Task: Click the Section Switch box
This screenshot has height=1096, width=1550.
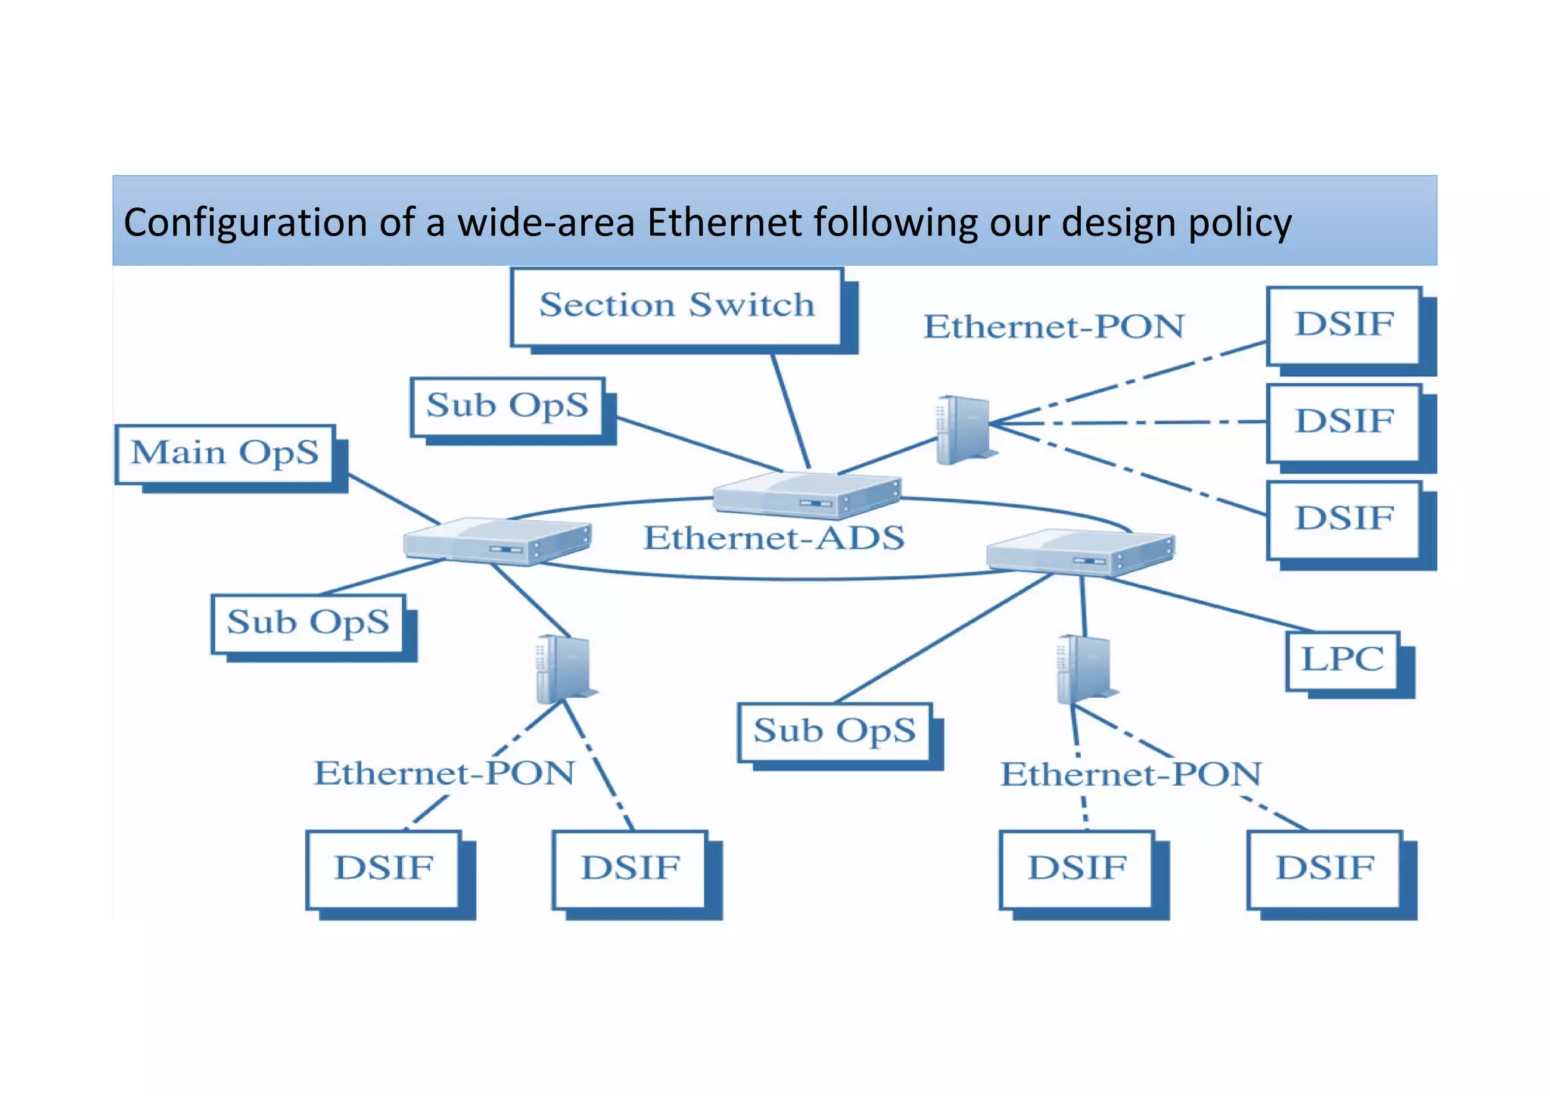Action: pyautogui.click(x=676, y=307)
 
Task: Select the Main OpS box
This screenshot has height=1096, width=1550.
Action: pyautogui.click(x=225, y=453)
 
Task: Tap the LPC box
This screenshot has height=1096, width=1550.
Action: pyautogui.click(x=1343, y=660)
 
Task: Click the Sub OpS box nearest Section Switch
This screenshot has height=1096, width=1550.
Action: pyautogui.click(x=507, y=406)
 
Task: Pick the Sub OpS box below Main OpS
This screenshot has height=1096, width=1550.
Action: pyautogui.click(x=308, y=623)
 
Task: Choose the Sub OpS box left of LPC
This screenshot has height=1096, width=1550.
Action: pyautogui.click(x=834, y=731)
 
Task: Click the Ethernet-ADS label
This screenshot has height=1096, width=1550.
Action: pyautogui.click(x=773, y=538)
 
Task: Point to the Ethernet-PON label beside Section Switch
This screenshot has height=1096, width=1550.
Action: pyautogui.click(x=1054, y=327)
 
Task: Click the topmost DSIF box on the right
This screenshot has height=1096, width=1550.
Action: pyautogui.click(x=1343, y=325)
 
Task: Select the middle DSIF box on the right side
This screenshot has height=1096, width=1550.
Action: pyautogui.click(x=1343, y=422)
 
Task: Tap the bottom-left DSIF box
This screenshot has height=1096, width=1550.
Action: pyautogui.click(x=384, y=868)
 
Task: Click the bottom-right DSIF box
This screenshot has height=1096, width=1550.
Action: pyautogui.click(x=1324, y=868)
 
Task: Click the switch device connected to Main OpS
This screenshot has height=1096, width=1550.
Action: pyautogui.click(x=496, y=540)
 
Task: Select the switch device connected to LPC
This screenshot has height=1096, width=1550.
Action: pyautogui.click(x=1080, y=551)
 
